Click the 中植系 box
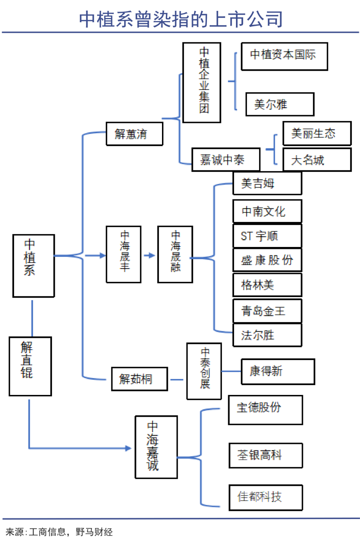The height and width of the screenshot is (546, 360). [33, 266]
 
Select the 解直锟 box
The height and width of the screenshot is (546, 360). [30, 366]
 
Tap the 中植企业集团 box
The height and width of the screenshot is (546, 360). [202, 82]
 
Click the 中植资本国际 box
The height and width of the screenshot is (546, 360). [284, 56]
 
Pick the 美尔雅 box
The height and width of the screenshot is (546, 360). [280, 104]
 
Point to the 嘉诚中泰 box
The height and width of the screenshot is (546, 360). [226, 160]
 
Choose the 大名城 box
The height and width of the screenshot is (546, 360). [317, 160]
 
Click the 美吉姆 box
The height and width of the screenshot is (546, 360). [267, 183]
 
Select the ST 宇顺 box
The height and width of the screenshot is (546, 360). [267, 236]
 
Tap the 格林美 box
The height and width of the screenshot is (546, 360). [267, 285]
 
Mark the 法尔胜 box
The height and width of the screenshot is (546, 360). [267, 335]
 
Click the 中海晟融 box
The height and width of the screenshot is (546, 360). [175, 254]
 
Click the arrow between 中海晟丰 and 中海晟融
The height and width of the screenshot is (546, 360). [150, 255]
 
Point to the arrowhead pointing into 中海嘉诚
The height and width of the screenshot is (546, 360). [128, 448]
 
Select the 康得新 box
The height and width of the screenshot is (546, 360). [278, 371]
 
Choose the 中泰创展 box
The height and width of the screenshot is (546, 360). [204, 371]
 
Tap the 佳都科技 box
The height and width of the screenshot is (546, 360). [266, 497]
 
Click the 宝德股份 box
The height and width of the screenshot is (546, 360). [265, 410]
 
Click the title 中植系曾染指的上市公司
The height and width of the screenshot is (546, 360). [181, 19]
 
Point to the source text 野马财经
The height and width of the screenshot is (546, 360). [94, 532]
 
